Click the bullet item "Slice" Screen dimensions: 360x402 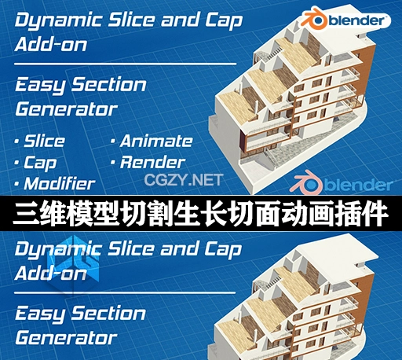[44, 141]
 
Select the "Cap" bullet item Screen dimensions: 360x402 [40, 163]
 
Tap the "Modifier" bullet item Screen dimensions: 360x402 [59, 185]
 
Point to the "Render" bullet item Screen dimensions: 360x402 [152, 163]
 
